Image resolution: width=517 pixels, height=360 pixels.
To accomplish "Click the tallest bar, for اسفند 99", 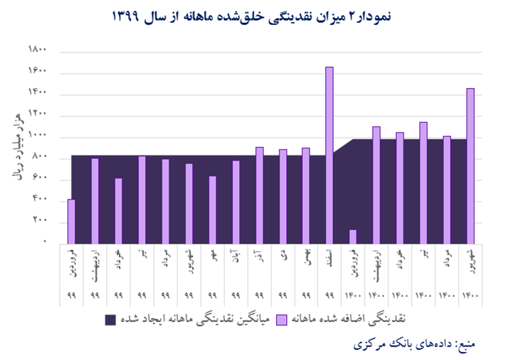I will [329, 155].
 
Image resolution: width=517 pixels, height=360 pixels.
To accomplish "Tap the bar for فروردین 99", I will [71, 222].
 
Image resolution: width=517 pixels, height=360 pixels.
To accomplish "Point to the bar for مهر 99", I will [212, 210].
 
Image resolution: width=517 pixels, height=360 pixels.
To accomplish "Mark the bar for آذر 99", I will [259, 195].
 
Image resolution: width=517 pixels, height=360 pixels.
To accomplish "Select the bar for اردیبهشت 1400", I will [376, 185].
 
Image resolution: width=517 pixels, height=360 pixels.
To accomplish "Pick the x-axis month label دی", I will [283, 256].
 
